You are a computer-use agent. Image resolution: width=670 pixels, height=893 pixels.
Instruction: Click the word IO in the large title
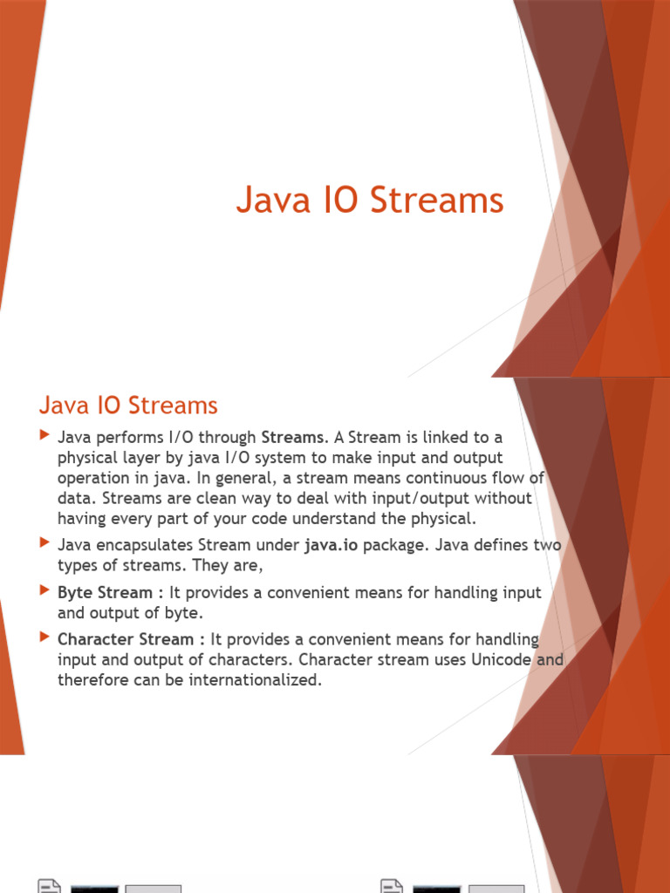pos(341,200)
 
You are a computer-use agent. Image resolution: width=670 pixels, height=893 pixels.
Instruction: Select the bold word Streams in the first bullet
pos(292,438)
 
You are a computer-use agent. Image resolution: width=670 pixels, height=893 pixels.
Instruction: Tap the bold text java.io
pos(331,545)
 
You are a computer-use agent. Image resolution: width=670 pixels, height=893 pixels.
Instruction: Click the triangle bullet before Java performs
pos(45,436)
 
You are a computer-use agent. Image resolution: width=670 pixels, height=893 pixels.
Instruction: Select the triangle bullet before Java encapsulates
pos(45,542)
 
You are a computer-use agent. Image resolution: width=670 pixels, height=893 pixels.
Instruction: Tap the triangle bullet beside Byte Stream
pos(45,590)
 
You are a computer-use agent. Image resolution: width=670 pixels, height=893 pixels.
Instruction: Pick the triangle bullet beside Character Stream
pos(45,637)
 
